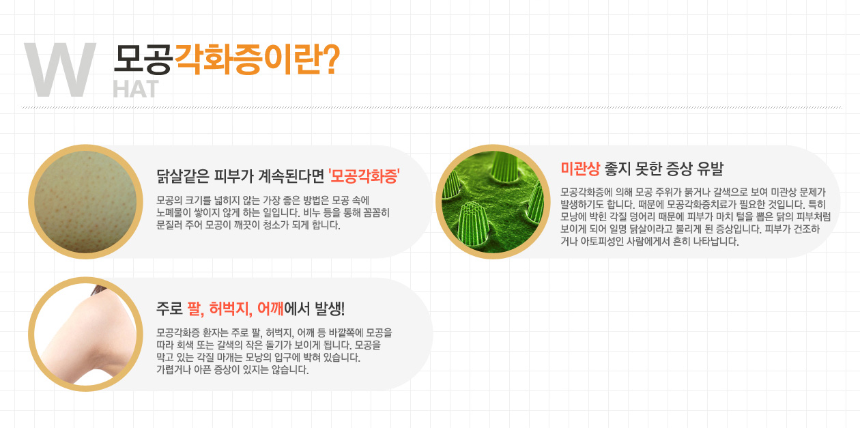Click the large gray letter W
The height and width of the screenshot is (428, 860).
[x=60, y=70]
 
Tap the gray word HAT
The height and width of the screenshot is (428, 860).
[x=136, y=89]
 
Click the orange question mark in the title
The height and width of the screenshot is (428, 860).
[x=330, y=59]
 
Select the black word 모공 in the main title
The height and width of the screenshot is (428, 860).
[x=143, y=59]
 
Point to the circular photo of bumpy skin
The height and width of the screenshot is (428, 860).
[x=85, y=202]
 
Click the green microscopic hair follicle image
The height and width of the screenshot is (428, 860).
[x=493, y=202]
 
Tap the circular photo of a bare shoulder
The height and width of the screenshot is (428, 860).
[x=85, y=334]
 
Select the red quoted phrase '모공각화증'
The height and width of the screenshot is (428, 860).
[x=364, y=176]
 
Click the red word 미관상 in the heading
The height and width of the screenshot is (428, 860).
[x=580, y=169]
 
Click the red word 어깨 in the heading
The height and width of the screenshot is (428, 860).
[x=270, y=309]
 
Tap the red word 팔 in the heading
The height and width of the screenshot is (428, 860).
[x=195, y=309]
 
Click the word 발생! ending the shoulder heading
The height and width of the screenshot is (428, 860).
[x=330, y=309]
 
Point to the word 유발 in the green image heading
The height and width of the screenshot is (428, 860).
[x=711, y=169]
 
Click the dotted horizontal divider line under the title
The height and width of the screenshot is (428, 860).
[x=432, y=107]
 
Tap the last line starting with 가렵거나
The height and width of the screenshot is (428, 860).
[x=232, y=370]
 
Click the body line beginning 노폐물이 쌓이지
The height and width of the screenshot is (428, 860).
[x=273, y=213]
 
